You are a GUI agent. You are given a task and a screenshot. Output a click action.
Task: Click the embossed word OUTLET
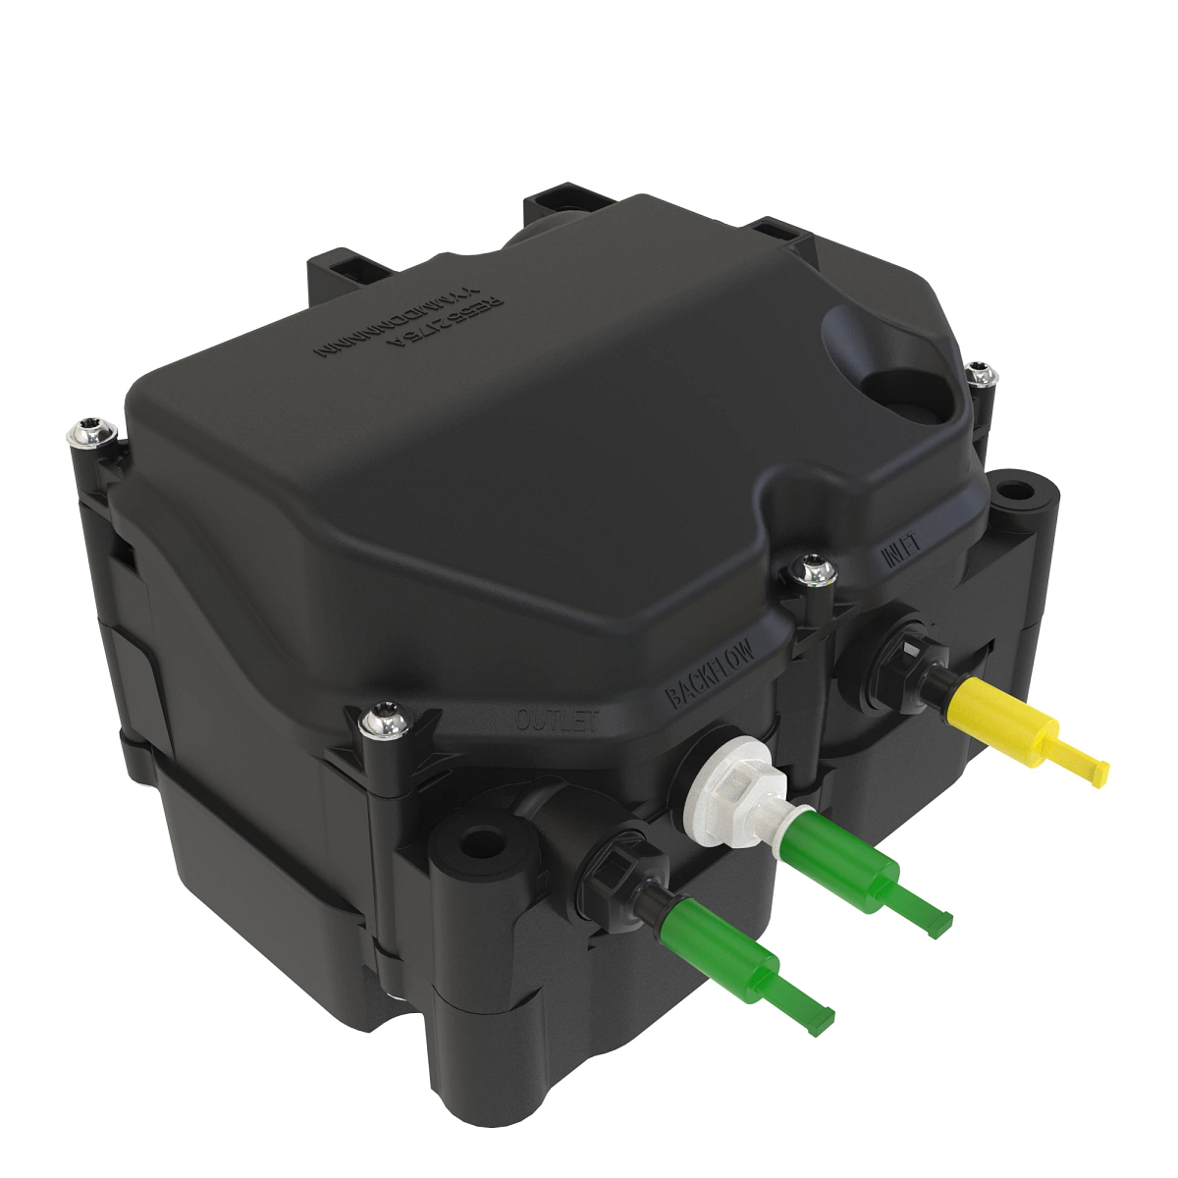tap(557, 720)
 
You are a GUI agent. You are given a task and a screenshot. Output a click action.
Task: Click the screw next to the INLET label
tap(813, 568)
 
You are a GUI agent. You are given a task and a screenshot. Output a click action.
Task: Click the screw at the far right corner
tap(980, 375)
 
